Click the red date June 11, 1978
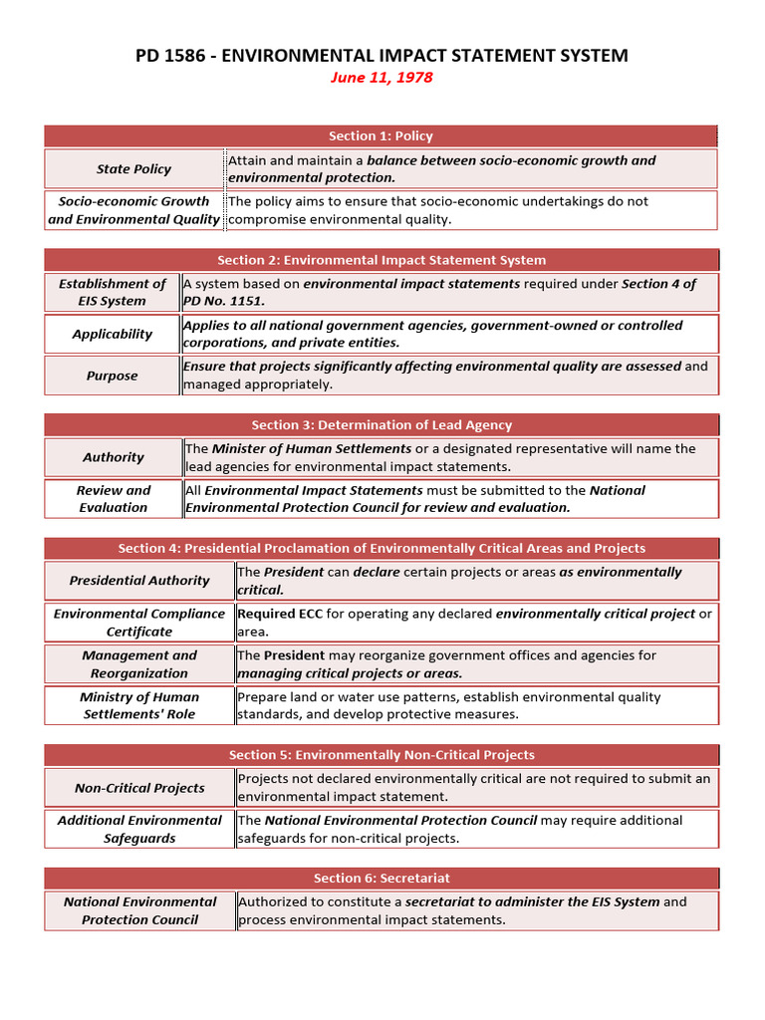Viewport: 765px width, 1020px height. point(382,78)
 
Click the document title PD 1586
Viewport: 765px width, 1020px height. point(382,55)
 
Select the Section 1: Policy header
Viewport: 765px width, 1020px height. point(382,135)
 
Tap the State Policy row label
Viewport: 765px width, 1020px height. point(133,169)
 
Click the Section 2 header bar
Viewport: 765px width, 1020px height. point(382,260)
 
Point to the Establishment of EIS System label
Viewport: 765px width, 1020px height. point(113,292)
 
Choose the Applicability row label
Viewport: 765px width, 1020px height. point(113,334)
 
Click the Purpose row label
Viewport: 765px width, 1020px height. point(113,376)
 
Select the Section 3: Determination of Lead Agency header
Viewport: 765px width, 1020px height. point(382,424)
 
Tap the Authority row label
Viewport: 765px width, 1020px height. point(113,457)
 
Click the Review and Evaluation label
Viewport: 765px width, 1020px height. point(113,499)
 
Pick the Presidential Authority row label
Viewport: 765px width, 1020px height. point(139,581)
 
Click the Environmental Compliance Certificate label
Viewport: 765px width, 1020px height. point(139,623)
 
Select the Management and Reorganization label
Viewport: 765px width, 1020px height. point(139,664)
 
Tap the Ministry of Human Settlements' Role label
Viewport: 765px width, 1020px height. point(139,705)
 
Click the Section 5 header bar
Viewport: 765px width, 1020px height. point(382,755)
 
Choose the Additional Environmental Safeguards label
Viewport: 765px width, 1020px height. point(139,829)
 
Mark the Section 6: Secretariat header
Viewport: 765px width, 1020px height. point(382,878)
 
